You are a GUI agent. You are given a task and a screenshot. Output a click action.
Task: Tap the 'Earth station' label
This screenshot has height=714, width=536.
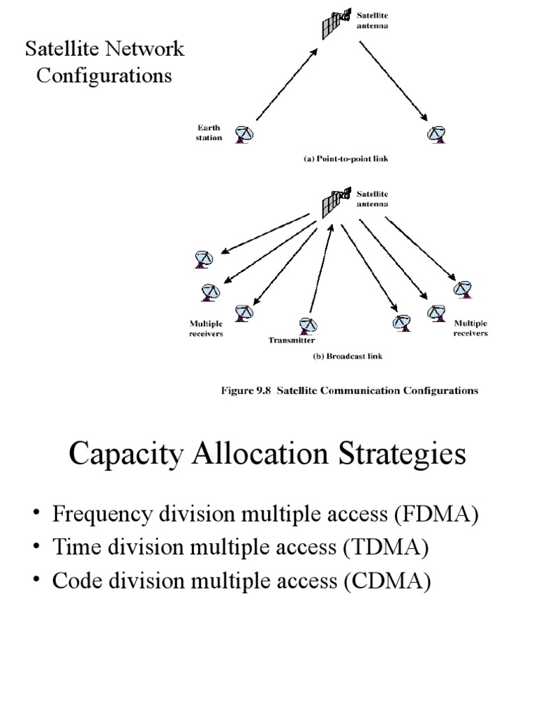point(208,132)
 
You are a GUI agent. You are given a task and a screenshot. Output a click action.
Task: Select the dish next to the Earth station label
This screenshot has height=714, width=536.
point(244,133)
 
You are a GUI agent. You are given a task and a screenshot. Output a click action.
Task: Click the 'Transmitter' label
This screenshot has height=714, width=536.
point(292,340)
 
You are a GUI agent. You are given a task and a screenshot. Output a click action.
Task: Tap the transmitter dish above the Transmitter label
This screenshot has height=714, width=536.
point(307,326)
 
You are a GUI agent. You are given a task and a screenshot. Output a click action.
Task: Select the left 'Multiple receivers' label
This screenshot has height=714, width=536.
point(206,328)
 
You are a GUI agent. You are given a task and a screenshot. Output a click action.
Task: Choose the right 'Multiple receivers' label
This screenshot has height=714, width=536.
point(470,328)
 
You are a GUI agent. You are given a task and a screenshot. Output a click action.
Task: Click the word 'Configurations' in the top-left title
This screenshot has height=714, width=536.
point(104,75)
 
